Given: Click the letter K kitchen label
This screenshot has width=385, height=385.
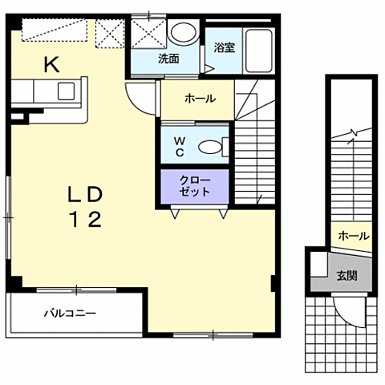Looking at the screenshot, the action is tap(51, 66).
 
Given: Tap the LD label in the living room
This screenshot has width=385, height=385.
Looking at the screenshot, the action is tap(85, 194).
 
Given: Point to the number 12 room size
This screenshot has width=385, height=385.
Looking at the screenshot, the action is tap(86, 219).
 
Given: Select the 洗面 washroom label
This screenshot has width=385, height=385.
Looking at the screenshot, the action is tap(168, 59).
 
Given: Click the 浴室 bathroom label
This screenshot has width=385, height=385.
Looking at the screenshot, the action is tap(225, 47).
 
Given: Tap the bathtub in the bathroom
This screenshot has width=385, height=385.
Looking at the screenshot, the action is tap(259, 51).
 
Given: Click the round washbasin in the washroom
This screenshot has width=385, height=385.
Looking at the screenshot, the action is tap(184, 32).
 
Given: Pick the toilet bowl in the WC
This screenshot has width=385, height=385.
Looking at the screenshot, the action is tap(210, 147).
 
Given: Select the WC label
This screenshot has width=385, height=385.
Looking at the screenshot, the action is tap(180, 147).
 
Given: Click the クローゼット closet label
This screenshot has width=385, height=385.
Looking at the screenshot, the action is tap(195, 186).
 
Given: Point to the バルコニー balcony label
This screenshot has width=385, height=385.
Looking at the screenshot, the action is tap(70, 313).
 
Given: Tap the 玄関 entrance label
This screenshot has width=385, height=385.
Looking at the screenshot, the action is tap(346, 275).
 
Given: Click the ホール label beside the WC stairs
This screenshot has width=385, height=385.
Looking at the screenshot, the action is tap(201, 99).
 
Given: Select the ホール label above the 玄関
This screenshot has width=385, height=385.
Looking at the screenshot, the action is tap(354, 236).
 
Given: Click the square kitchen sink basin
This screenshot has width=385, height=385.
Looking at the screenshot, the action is tap(66, 91).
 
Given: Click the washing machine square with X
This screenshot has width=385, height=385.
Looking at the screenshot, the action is tap(148, 34).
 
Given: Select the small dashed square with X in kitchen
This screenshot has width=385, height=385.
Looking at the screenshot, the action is tap(110, 34).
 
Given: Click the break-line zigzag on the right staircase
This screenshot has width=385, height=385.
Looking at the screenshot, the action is tap(352, 133).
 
